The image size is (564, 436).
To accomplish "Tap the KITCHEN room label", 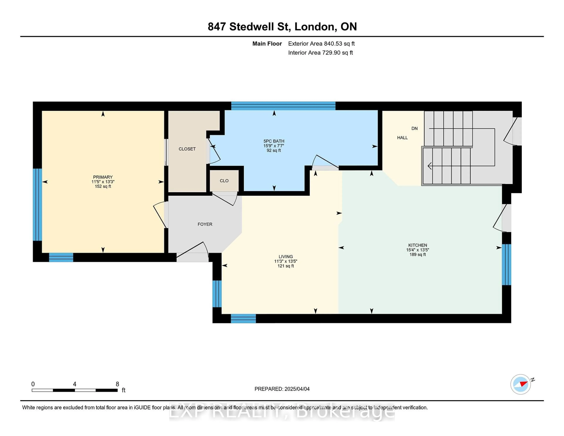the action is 418,245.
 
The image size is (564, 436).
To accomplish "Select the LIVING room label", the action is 286,256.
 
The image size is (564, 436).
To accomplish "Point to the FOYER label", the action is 205,224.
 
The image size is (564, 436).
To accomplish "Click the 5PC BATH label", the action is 274,141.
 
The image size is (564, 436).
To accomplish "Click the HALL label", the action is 402,138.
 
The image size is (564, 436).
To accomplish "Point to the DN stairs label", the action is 414,128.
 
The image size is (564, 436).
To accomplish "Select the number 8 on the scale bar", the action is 117,384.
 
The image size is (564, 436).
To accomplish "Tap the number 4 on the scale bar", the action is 75,384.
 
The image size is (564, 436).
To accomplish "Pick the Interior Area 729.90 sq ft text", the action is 320,53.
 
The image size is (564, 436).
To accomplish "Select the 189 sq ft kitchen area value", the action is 418,254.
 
